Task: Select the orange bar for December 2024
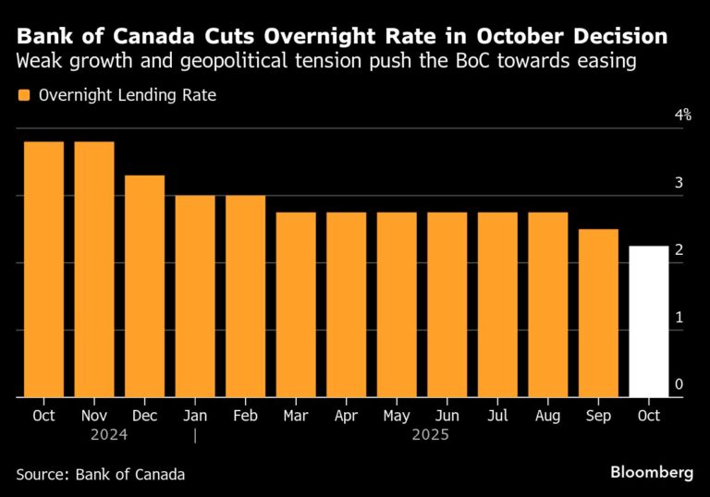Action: [x=144, y=286]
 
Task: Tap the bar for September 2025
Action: [x=598, y=313]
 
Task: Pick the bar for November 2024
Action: [x=94, y=270]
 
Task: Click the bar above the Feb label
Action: [x=245, y=297]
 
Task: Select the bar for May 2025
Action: [x=397, y=305]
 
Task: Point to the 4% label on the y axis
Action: [x=683, y=115]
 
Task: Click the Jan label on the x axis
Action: [x=195, y=416]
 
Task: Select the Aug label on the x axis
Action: [x=548, y=416]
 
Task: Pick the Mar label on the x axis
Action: [x=296, y=416]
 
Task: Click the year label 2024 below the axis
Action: [x=108, y=434]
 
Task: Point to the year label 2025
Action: [x=430, y=434]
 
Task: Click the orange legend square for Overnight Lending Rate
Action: [x=23, y=94]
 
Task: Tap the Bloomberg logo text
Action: [x=652, y=472]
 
